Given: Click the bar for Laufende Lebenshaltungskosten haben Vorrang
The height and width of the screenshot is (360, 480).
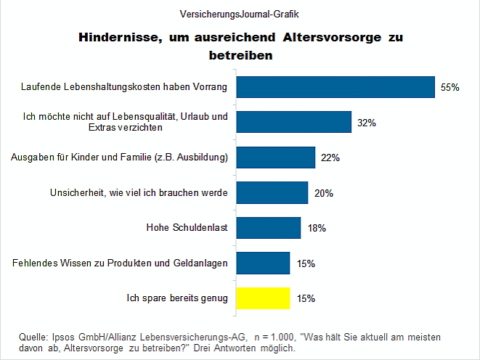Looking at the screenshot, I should [335, 87].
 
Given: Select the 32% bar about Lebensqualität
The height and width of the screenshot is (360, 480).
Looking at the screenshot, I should [294, 123].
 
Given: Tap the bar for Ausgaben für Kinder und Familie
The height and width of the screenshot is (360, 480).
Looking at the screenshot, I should [276, 157].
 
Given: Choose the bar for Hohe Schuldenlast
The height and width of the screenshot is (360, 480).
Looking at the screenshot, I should [269, 228].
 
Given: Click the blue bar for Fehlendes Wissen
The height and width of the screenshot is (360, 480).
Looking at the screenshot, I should [264, 263].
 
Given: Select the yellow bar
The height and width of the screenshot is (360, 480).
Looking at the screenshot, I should [264, 298].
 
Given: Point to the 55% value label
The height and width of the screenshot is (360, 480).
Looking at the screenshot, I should [450, 88].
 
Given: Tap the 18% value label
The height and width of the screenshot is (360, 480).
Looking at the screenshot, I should [316, 229].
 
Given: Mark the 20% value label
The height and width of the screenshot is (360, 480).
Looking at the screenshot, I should [324, 193].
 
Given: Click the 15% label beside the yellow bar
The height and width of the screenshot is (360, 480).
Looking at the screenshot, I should [306, 298].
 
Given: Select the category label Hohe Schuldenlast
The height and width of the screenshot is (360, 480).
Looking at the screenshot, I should [187, 228].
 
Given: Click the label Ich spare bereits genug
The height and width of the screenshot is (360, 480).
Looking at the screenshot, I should [178, 298].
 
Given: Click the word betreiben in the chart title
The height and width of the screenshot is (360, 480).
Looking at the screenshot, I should [240, 54].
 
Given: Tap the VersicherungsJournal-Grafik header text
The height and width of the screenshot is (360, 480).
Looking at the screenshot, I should [240, 14].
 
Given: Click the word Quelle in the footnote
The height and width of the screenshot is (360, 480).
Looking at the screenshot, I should [33, 337].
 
